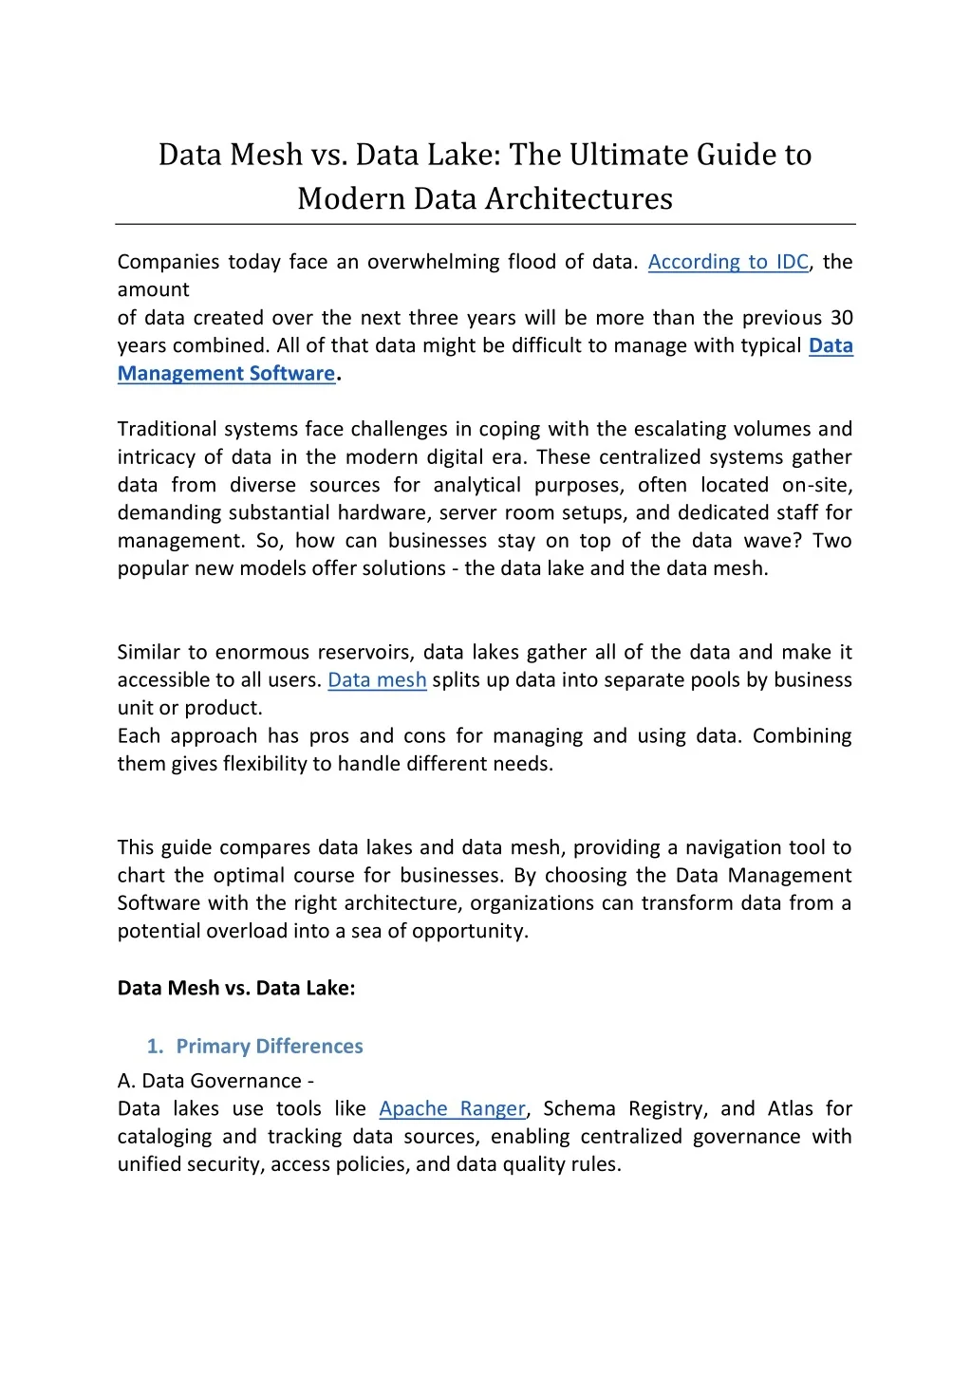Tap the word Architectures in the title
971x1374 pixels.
pos(579,198)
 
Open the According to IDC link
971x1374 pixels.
pos(728,262)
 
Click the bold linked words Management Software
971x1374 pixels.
pos(226,374)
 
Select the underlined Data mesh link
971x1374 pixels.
pos(377,680)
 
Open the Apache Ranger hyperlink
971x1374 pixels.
pos(452,1109)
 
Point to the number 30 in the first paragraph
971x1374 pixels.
pos(841,318)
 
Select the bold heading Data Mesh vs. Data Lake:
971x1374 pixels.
pos(236,988)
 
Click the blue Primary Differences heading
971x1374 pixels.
pos(270,1047)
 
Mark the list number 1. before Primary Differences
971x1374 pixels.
pos(156,1047)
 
